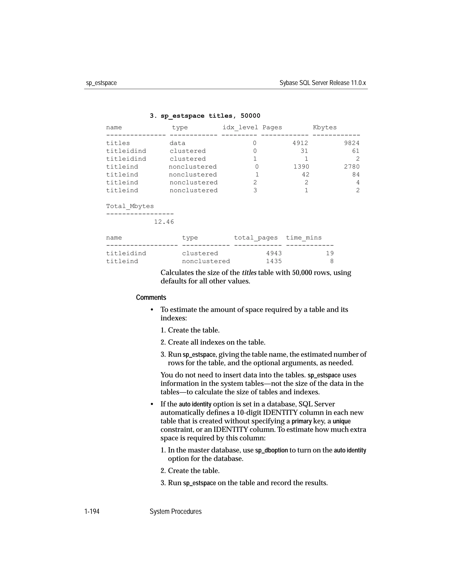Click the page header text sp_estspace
101,83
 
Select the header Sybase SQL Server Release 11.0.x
322,83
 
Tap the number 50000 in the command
250,116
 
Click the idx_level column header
240,128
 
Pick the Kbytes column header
324,128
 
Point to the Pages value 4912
300,143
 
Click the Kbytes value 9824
352,143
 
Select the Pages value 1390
301,167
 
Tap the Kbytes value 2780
352,167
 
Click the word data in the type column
177,143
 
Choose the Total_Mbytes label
130,206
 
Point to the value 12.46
164,222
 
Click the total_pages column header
256,238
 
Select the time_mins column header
304,238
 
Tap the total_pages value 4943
274,254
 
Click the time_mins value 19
330,254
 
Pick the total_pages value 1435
274,261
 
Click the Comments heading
151,298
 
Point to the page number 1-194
92,512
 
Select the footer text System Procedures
175,512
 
